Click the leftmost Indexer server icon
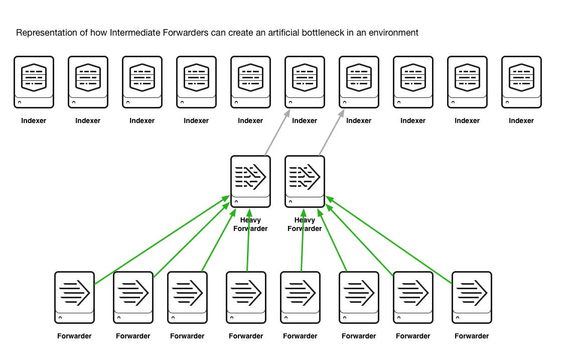34,82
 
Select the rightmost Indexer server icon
521,82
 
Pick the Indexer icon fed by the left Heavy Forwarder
305,82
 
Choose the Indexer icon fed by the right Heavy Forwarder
359,82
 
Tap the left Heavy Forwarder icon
250,181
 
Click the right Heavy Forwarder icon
305,181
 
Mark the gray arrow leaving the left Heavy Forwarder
277,133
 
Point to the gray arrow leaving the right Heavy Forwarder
332,133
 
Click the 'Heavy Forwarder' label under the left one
250,224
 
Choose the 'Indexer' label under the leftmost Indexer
34,121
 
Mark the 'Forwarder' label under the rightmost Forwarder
472,336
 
